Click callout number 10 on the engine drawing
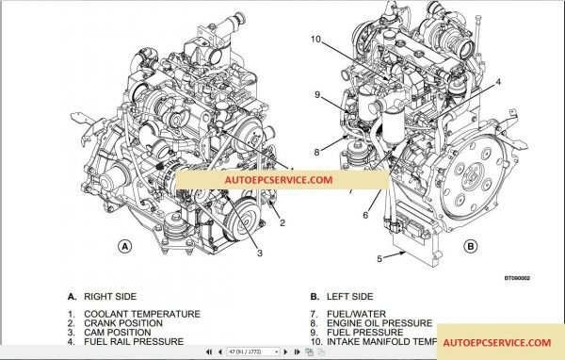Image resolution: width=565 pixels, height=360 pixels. (x=315, y=39)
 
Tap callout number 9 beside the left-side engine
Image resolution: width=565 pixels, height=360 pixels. (x=318, y=94)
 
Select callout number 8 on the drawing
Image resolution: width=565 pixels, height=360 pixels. (x=316, y=151)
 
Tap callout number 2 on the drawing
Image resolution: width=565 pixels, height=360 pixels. (x=282, y=222)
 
